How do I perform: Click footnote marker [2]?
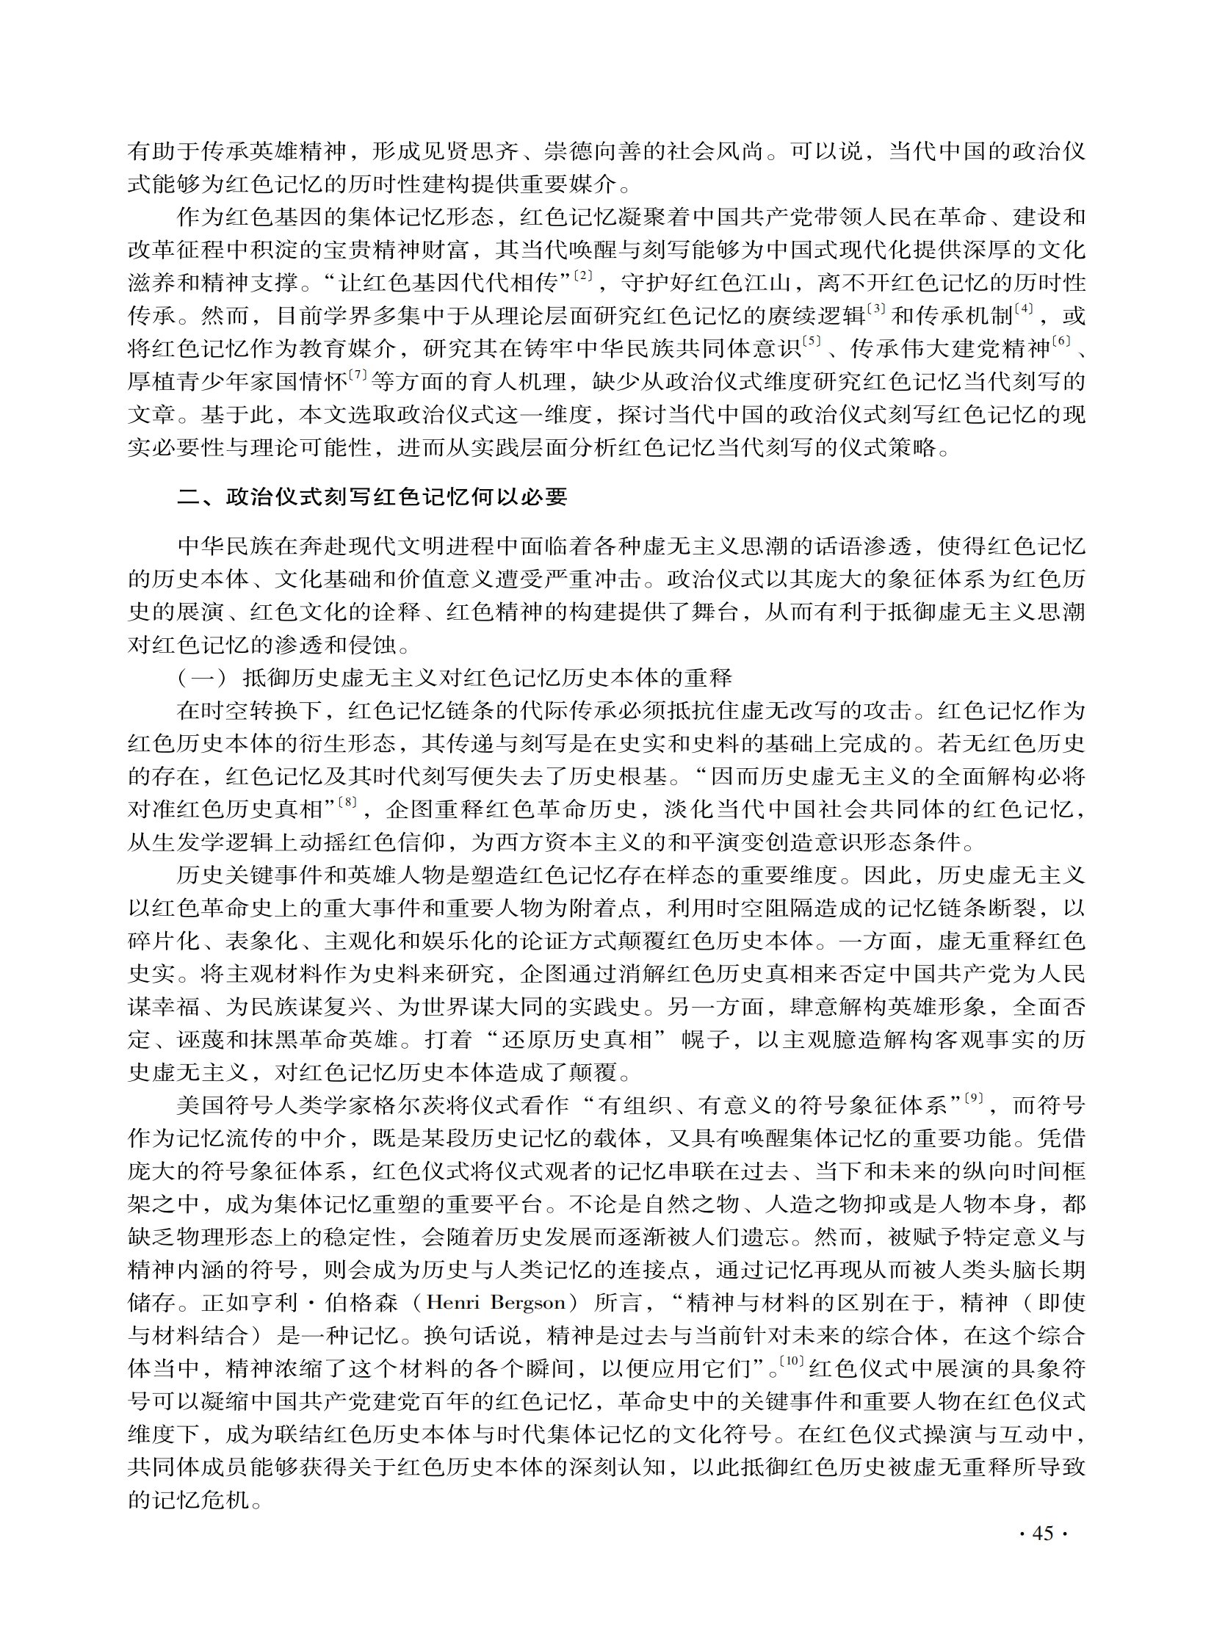[x=582, y=276]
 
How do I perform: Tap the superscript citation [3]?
[x=876, y=309]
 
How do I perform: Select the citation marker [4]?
[x=1023, y=309]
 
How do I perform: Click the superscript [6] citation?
[x=1061, y=341]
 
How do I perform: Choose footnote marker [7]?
[x=357, y=375]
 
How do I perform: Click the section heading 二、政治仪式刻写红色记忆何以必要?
[x=372, y=497]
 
